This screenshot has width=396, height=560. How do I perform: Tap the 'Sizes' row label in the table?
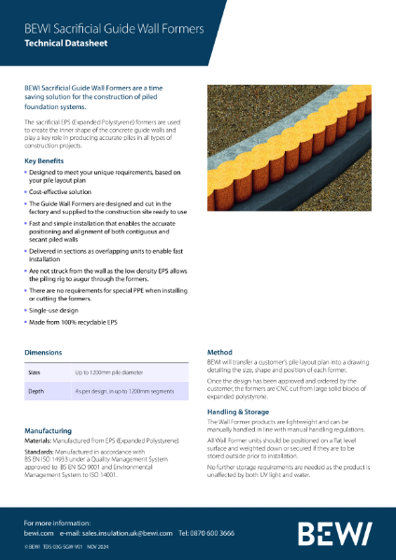tap(35, 371)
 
